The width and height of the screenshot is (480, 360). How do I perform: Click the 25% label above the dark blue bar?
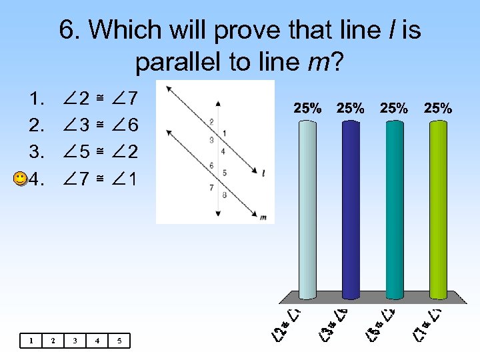tap(351, 108)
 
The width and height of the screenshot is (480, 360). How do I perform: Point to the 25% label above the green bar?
tap(437, 108)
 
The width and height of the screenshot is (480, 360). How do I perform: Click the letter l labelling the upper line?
tap(264, 173)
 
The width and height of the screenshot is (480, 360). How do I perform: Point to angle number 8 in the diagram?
tap(224, 195)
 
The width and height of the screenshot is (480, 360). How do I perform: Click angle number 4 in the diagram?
tap(223, 151)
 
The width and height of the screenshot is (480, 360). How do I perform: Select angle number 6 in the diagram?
tap(211, 165)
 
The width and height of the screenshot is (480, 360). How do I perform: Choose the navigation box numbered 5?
tap(119, 341)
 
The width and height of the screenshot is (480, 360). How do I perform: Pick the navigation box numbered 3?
tap(75, 341)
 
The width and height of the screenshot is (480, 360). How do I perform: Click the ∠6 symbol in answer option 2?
tap(125, 125)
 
